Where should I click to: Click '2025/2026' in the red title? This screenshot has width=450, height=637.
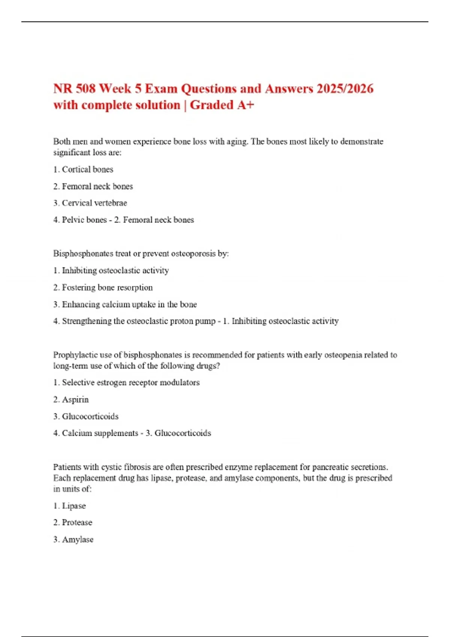[x=345, y=89]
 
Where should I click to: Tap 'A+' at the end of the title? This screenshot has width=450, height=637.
[x=246, y=105]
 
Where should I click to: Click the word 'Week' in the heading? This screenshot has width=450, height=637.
[x=115, y=89]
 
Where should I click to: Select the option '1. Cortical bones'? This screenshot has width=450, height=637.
[x=83, y=169]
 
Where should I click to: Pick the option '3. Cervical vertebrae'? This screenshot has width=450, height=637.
[x=90, y=203]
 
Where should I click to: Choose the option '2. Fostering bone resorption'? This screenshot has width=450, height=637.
[x=103, y=287]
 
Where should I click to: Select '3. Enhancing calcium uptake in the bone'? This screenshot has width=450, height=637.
[x=125, y=304]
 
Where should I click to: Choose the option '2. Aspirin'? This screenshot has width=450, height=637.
[x=71, y=399]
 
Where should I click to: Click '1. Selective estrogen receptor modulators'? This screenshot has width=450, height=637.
[x=126, y=383]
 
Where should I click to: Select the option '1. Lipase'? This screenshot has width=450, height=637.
[x=70, y=506]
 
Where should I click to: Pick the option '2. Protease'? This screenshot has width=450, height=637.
[x=73, y=522]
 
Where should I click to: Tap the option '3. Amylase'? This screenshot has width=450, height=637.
[x=73, y=540]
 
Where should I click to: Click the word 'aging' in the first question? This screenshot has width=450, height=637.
[x=237, y=142]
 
